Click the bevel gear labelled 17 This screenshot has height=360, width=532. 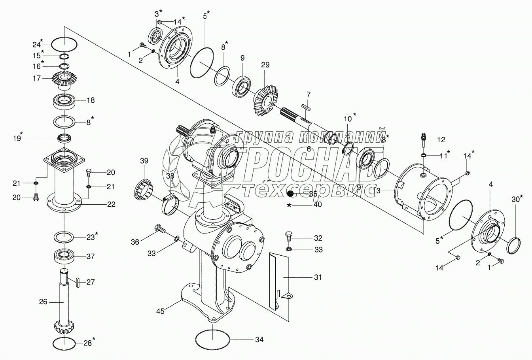tap(64, 81)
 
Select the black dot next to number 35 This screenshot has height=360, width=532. tap(291, 194)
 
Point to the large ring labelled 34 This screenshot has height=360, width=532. tap(213, 339)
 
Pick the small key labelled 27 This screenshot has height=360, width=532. tap(78, 282)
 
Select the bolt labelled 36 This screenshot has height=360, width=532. tap(160, 229)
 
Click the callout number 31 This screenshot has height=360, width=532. tap(318, 277)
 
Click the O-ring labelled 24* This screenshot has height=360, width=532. tap(64, 43)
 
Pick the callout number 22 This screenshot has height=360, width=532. tap(111, 204)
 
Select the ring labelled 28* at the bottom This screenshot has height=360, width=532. tap(64, 343)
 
